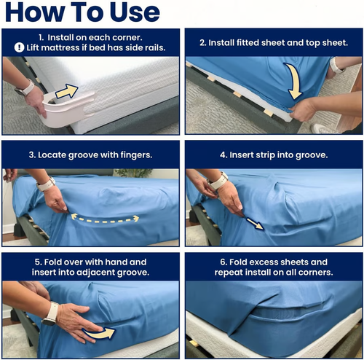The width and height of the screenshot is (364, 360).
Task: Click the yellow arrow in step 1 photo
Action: [x=67, y=92]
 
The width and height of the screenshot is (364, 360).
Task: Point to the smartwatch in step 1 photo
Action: [x=25, y=88]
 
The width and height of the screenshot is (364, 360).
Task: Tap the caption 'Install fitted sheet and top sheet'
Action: [x=273, y=43]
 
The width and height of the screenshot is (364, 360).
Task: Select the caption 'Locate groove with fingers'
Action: [x=90, y=154]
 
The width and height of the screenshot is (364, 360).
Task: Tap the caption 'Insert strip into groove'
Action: [x=273, y=154]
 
